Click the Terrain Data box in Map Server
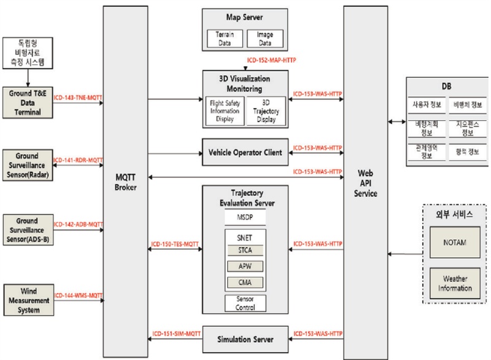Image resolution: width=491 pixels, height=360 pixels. tap(225, 39)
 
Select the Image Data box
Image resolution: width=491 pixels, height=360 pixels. tap(265, 39)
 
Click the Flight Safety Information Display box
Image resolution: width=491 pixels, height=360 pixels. tap(225, 111)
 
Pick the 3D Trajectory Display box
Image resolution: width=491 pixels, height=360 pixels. tap(265, 111)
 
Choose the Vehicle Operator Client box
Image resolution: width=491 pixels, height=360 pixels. tap(245, 152)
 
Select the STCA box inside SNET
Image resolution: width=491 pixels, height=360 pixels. tap(245, 250)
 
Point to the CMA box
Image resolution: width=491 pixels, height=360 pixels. tap(245, 282)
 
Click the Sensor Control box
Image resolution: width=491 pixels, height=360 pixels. tap(245, 303)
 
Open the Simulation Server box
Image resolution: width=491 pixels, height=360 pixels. tap(245, 339)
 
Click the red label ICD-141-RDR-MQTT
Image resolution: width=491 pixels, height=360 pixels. tap(78, 159)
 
